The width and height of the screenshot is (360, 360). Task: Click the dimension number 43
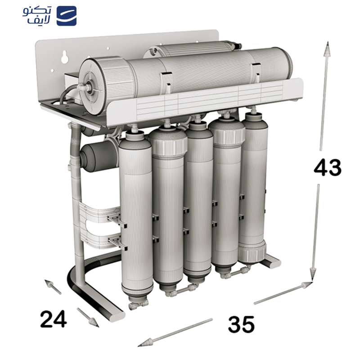pos(328,167)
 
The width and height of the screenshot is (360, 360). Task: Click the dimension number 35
pos(241,324)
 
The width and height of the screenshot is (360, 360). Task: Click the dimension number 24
pos(54,319)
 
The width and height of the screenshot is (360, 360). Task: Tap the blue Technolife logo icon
pos(67,16)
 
